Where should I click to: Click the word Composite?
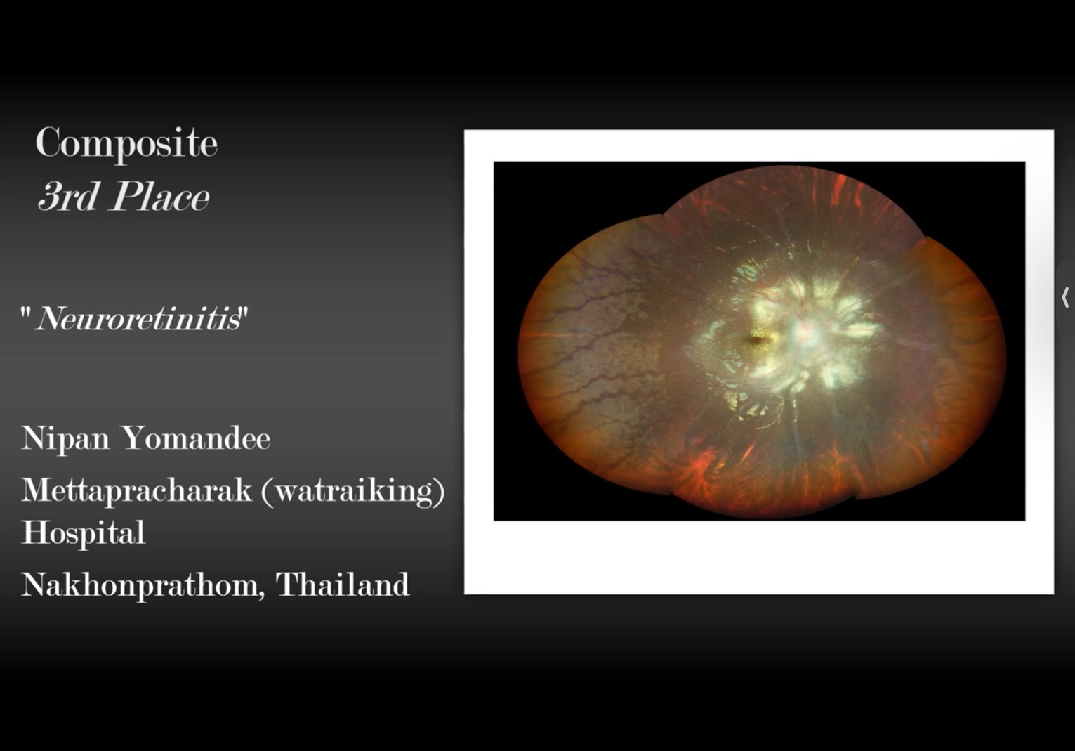point(126,143)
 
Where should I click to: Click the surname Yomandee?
point(197,438)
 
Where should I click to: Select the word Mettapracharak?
point(137,491)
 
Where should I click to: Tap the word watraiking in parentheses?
point(352,491)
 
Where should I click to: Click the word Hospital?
point(84,533)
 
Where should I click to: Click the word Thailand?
point(343,585)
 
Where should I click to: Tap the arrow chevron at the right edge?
point(1065,297)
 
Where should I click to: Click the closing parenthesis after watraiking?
point(439,492)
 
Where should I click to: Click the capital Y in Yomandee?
point(136,438)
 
